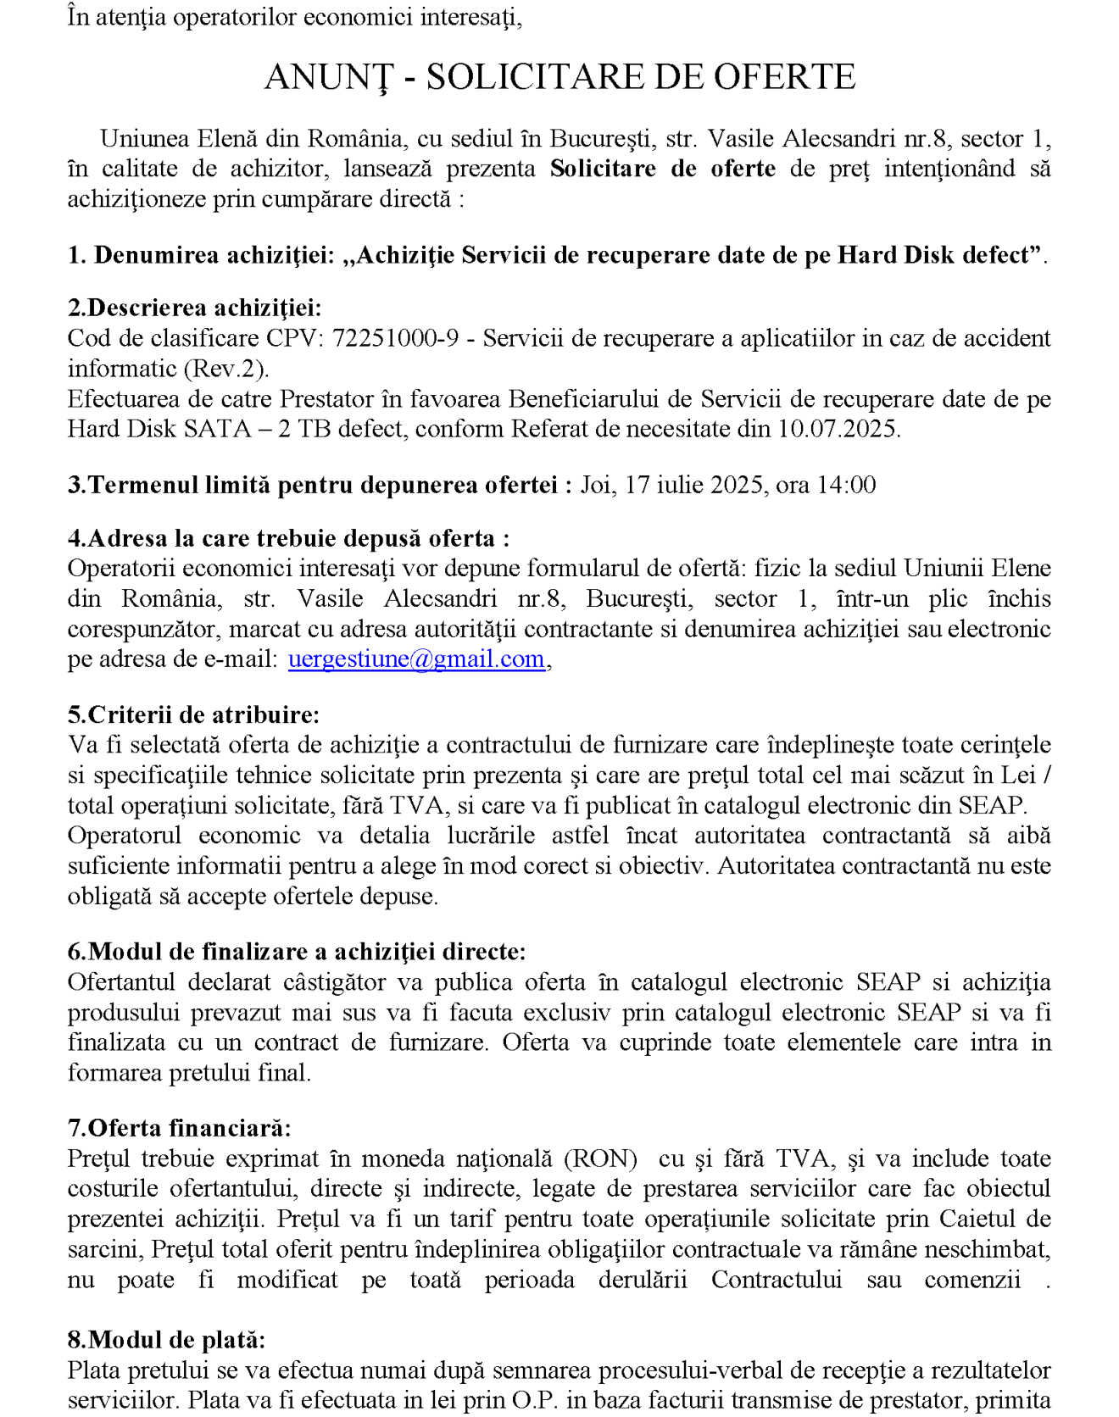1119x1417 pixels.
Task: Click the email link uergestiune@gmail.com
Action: click(x=415, y=659)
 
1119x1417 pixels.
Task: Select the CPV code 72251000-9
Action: click(x=395, y=338)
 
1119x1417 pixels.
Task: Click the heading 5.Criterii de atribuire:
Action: click(x=193, y=714)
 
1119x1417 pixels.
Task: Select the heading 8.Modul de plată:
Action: click(x=166, y=1340)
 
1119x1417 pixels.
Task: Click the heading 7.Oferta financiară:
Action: click(x=179, y=1128)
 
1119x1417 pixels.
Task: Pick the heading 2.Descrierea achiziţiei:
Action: click(x=194, y=308)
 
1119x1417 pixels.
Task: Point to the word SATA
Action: click(x=217, y=429)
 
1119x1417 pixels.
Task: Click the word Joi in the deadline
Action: click(x=598, y=485)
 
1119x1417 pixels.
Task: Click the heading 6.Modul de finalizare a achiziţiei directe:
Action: click(x=297, y=952)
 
